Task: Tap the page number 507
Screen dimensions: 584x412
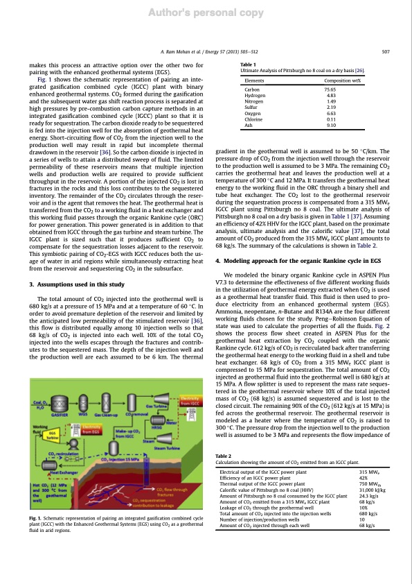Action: click(386, 52)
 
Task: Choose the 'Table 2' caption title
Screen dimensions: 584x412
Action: click(225, 456)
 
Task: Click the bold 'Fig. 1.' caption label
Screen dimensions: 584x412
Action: click(37, 538)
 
